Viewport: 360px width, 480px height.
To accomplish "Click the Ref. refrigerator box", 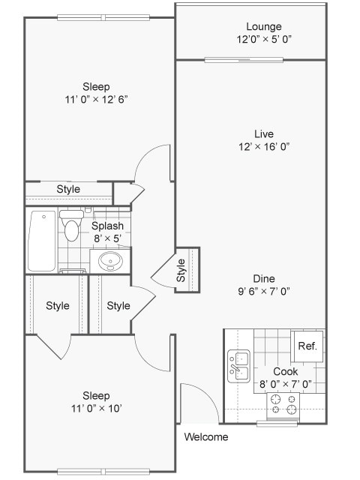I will click(x=307, y=346).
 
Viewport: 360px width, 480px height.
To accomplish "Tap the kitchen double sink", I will click(x=238, y=366).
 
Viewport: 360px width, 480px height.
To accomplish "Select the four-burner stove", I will click(x=284, y=404).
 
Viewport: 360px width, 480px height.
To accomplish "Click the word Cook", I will click(x=285, y=371).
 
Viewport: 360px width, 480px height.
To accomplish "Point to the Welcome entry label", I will click(x=206, y=437).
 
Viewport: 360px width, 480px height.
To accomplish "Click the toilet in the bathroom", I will click(x=71, y=226).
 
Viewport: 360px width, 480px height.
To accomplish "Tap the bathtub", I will click(x=42, y=241).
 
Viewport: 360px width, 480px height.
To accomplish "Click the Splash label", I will click(x=107, y=226).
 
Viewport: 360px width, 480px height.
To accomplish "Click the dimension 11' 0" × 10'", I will click(x=96, y=408).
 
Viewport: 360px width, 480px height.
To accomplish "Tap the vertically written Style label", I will click(x=181, y=270).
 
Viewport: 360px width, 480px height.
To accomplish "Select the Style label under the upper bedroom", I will click(x=68, y=189).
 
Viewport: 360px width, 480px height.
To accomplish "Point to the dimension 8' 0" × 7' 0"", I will click(x=285, y=384).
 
